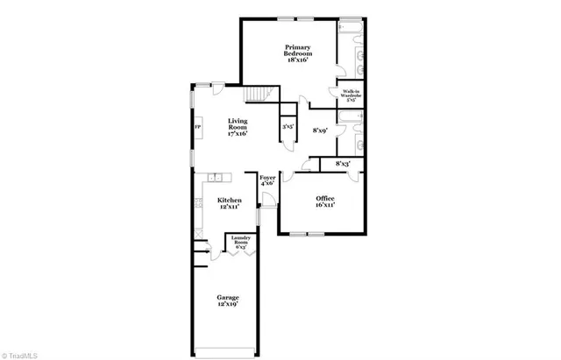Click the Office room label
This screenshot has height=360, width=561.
pyautogui.click(x=325, y=199)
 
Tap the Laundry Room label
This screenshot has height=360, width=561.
pyautogui.click(x=238, y=241)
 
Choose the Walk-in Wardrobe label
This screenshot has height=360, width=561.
pyautogui.click(x=350, y=94)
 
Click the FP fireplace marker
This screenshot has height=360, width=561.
pyautogui.click(x=196, y=129)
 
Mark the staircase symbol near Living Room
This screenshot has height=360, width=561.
pyautogui.click(x=256, y=94)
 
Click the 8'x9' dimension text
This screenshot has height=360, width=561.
pyautogui.click(x=320, y=131)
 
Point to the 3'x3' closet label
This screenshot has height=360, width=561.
pyautogui.click(x=287, y=127)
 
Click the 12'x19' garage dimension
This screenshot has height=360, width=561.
pyautogui.click(x=228, y=304)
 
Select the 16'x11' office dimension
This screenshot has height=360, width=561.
pyautogui.click(x=325, y=206)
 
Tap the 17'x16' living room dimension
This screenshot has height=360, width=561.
pyautogui.click(x=238, y=134)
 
